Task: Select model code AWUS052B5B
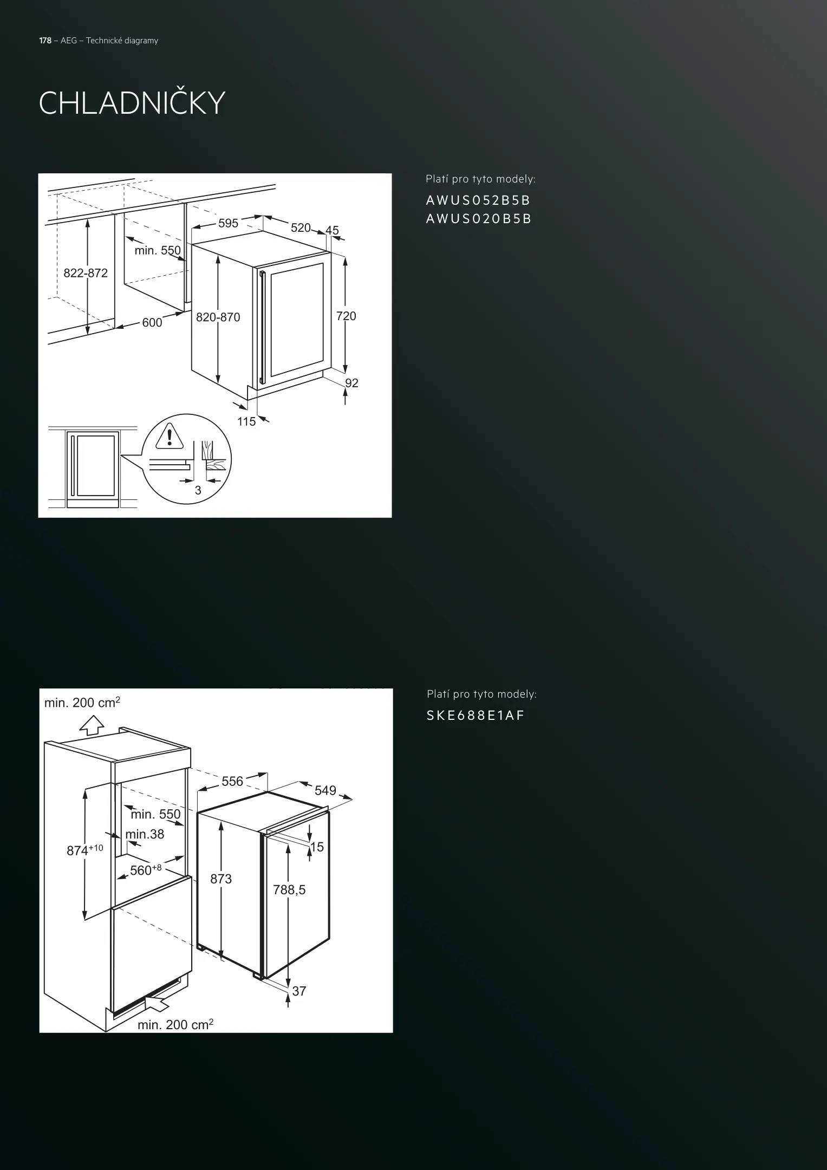[478, 200]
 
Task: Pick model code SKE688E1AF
[476, 716]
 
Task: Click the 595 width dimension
[228, 223]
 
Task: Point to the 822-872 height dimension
[86, 273]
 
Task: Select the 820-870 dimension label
[218, 317]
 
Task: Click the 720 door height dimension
[346, 316]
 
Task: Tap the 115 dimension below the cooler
[246, 421]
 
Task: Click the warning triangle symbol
[170, 436]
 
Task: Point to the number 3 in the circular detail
[198, 490]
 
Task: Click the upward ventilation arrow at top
[92, 725]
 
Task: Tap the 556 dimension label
[232, 781]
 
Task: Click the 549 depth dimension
[325, 790]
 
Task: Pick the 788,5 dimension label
[289, 889]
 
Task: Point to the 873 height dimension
[221, 879]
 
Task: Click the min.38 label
[145, 834]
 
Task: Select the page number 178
[45, 41]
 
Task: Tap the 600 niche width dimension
[152, 323]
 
